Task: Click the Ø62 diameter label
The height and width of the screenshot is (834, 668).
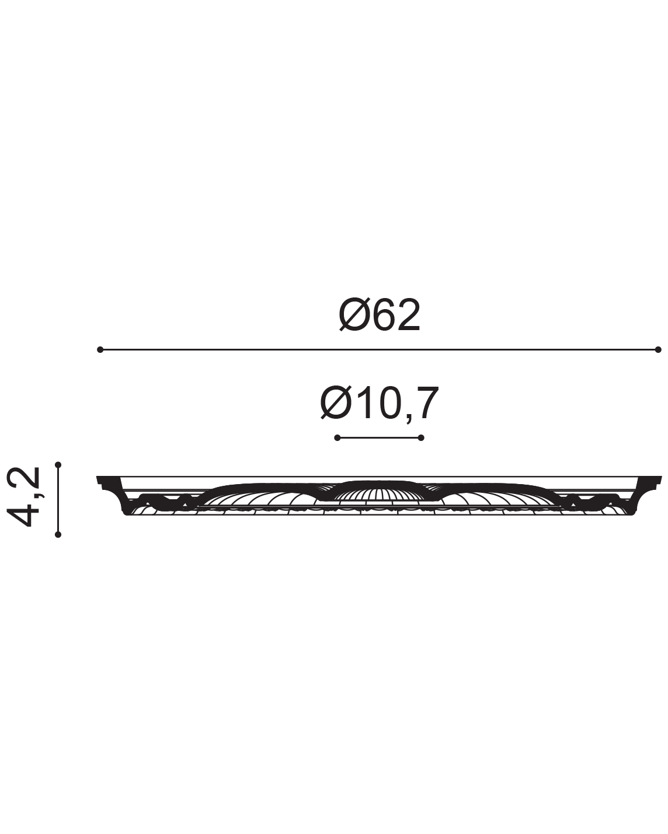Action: click(379, 315)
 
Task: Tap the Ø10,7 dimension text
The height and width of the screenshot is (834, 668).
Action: click(379, 403)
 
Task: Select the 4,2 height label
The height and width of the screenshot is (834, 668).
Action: click(24, 497)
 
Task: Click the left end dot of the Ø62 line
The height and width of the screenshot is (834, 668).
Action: click(100, 349)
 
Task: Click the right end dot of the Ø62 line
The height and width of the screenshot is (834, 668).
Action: click(658, 349)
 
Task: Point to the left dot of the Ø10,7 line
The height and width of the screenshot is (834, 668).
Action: click(337, 438)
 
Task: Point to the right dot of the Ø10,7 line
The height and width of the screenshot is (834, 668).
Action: click(421, 438)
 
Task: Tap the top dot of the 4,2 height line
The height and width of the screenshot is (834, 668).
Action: click(58, 465)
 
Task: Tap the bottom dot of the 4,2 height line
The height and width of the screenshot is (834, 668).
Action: click(58, 535)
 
